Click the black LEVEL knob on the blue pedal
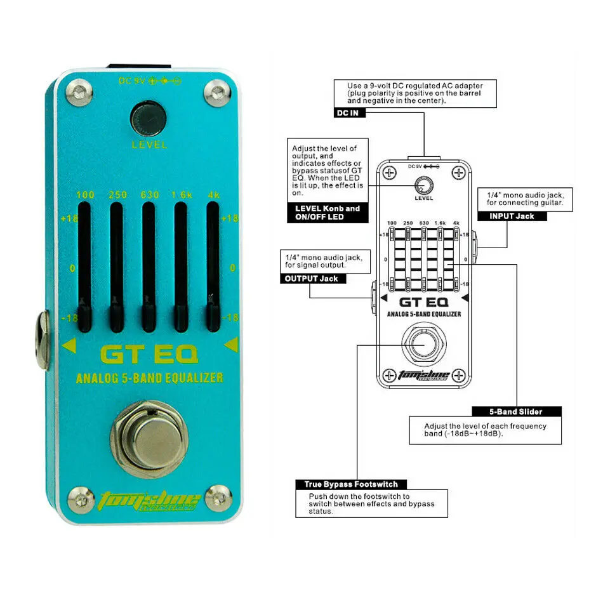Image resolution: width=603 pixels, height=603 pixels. click(x=149, y=118)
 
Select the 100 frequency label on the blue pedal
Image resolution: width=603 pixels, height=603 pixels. click(x=85, y=195)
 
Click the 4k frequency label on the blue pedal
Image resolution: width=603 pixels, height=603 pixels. click(x=212, y=195)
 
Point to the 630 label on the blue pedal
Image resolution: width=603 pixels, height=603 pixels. click(x=149, y=195)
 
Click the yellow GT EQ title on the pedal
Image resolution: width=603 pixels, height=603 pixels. click(x=149, y=353)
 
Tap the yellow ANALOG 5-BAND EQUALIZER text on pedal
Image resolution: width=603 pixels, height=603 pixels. click(x=150, y=378)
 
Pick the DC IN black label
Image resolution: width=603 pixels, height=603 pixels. click(x=349, y=113)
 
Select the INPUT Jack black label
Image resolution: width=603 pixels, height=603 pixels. click(x=512, y=216)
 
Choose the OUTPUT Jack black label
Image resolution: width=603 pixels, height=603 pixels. click(x=311, y=279)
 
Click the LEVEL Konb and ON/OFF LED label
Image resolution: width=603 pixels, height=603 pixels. click(x=328, y=213)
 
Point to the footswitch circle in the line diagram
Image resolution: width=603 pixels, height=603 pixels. click(x=423, y=343)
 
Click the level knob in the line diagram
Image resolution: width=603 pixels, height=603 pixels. click(x=423, y=186)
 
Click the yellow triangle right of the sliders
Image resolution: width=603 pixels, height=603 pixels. click(x=230, y=345)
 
